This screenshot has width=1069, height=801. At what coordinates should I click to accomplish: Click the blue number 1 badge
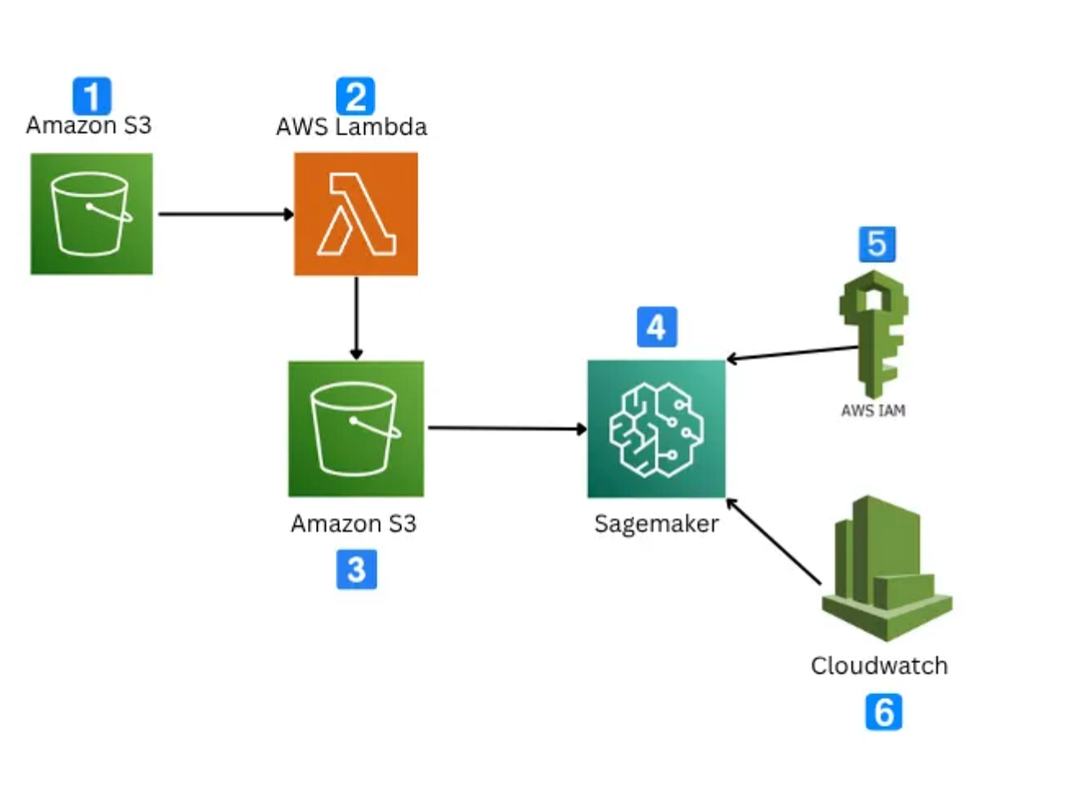click(x=92, y=95)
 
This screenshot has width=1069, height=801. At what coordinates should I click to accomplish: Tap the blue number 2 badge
click(x=355, y=95)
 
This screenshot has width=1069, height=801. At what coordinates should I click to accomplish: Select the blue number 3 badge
click(x=355, y=570)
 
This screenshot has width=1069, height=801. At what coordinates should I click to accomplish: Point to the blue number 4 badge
click(x=657, y=327)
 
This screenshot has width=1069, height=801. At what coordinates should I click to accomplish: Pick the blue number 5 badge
click(x=877, y=244)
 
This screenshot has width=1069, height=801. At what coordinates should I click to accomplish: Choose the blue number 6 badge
click(x=883, y=712)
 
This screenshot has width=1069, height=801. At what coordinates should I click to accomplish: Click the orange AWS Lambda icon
click(x=355, y=214)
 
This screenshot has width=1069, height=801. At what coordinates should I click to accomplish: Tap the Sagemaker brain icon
click(x=657, y=429)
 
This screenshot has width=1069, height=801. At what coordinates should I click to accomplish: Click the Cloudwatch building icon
click(x=885, y=570)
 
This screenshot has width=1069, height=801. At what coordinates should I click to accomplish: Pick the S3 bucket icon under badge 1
click(x=92, y=214)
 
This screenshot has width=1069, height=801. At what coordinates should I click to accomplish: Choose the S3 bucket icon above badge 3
click(x=355, y=429)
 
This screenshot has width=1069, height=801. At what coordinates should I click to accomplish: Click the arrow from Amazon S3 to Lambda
click(x=224, y=214)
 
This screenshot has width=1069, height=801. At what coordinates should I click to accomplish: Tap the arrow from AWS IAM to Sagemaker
click(x=791, y=353)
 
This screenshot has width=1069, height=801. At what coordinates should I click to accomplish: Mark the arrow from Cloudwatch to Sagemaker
click(x=773, y=541)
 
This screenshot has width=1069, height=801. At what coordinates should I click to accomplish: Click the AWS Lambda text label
click(x=351, y=127)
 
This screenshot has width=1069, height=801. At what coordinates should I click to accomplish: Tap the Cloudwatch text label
click(x=878, y=665)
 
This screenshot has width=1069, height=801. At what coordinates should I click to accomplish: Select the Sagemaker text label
click(x=657, y=523)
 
